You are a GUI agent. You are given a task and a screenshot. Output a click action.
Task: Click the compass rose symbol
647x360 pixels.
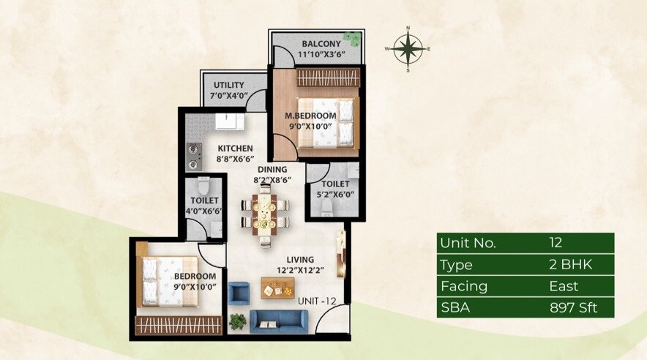click(x=408, y=49)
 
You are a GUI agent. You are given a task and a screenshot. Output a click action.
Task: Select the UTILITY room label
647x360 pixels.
click(x=229, y=86)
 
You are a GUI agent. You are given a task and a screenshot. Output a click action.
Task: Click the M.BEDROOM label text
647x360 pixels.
click(x=310, y=116)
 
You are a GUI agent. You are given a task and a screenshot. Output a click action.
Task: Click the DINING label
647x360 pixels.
click(x=271, y=169)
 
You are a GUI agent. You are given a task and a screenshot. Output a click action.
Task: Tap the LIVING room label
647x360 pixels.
click(x=300, y=259)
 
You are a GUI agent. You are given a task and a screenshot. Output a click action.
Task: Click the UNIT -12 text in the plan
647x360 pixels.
click(x=316, y=301)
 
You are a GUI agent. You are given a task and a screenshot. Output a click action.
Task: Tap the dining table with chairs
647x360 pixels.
click(x=265, y=211)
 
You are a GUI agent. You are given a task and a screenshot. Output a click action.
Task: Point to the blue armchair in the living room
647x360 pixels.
click(x=239, y=293)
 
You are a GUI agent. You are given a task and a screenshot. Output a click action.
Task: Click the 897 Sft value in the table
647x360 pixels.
click(x=573, y=307)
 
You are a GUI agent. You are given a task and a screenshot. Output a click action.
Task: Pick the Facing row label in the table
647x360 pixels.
click(x=457, y=286)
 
